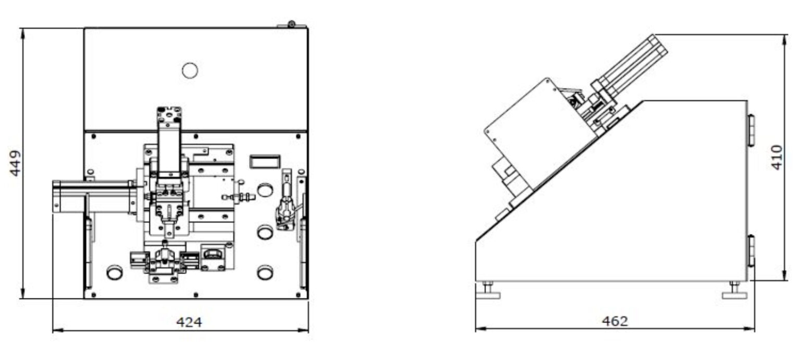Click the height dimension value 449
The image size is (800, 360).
[x=15, y=163]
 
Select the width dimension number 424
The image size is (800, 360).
[x=189, y=322]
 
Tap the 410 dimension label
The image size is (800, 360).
[x=777, y=157]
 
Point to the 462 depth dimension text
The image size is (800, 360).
[x=615, y=321]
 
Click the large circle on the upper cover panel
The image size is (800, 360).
[x=190, y=70]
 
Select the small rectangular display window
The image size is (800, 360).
[x=265, y=162]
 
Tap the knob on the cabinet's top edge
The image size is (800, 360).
[x=292, y=24]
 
